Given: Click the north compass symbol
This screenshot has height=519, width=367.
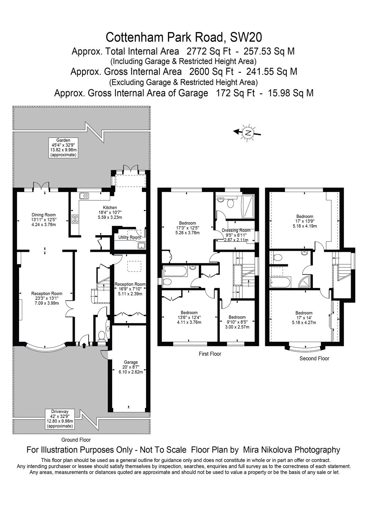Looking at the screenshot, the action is [247, 133].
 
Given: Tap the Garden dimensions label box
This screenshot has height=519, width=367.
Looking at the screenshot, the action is [63, 148].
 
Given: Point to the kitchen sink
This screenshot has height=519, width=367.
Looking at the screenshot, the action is [84, 196].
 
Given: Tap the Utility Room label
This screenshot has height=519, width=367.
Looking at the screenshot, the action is [129, 237].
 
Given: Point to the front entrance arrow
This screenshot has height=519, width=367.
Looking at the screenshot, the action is [84, 346].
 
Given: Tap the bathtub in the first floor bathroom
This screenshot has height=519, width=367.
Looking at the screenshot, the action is [175, 271].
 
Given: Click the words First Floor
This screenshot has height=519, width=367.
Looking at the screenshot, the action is [210, 354].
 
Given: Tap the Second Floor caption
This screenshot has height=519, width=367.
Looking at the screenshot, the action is [314, 358].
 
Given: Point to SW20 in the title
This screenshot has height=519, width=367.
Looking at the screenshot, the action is [246, 37].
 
